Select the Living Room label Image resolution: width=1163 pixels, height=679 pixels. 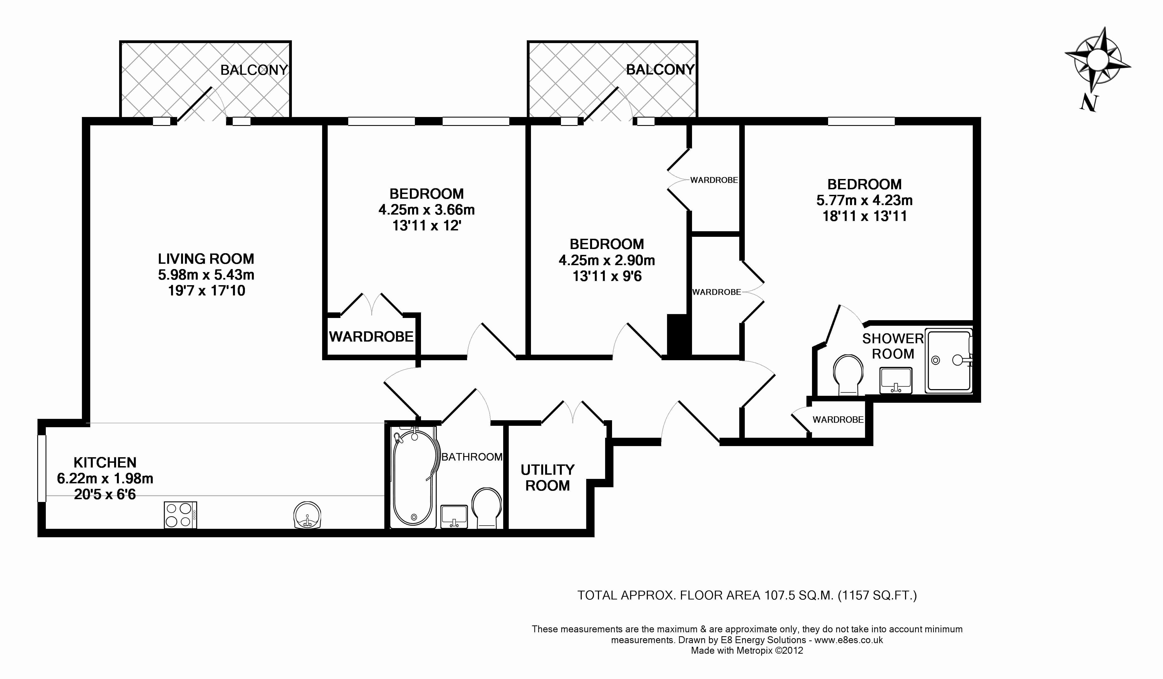point(206,259)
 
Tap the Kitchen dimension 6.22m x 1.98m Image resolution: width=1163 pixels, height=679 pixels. point(105,479)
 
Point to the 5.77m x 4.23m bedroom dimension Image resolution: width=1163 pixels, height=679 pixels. point(864,200)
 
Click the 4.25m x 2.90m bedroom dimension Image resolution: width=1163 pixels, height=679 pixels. point(607,260)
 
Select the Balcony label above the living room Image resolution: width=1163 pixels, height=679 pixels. point(254,70)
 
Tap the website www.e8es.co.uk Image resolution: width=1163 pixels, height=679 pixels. point(848,640)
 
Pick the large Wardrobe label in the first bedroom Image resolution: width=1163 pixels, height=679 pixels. point(371,337)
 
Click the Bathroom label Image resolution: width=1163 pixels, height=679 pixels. point(472,457)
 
